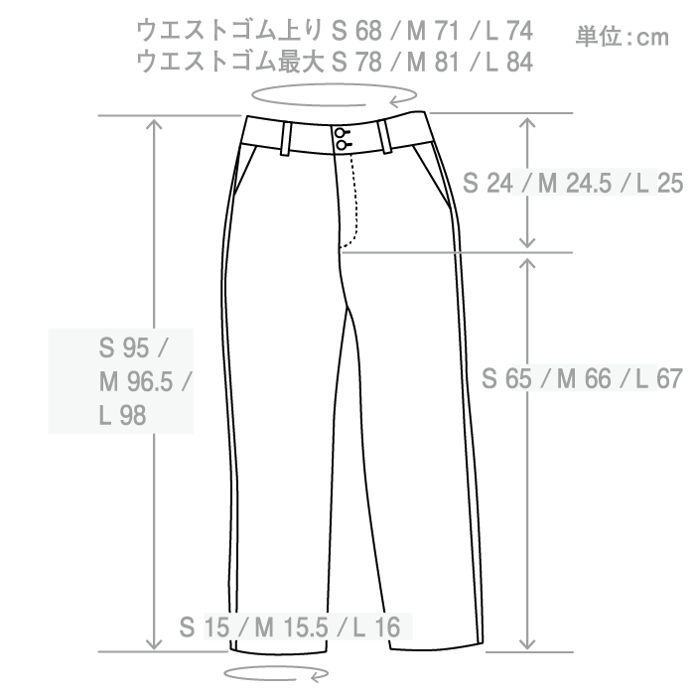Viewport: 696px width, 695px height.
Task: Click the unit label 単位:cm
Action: (x=623, y=38)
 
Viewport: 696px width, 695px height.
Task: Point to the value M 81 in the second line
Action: (x=434, y=62)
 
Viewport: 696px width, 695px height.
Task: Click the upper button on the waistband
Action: (x=341, y=133)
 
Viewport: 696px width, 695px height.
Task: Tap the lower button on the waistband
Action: (x=341, y=146)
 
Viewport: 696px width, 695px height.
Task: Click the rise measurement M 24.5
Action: (x=573, y=184)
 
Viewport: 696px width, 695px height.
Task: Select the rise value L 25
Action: (x=656, y=184)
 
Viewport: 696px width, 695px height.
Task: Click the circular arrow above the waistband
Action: (x=333, y=95)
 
